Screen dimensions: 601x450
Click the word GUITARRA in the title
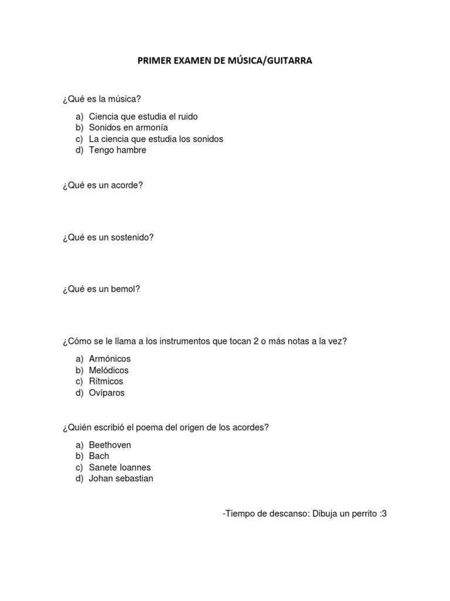click(x=288, y=60)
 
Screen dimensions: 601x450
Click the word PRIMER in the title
click(x=152, y=60)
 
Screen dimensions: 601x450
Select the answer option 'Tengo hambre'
click(x=117, y=150)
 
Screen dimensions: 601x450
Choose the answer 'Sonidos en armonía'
click(x=128, y=127)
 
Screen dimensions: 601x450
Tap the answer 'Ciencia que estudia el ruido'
click(x=143, y=116)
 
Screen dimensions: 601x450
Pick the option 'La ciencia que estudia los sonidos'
click(x=156, y=139)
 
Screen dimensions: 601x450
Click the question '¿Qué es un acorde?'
click(x=102, y=185)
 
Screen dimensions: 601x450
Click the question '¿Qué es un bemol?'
click(x=101, y=289)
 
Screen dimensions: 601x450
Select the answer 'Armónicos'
click(x=110, y=359)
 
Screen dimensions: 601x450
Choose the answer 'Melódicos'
click(x=108, y=370)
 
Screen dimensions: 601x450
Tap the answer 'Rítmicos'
click(x=106, y=381)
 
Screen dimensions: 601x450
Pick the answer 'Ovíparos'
click(x=107, y=393)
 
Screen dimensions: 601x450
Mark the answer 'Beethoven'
click(x=110, y=445)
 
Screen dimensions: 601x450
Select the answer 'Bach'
click(x=99, y=456)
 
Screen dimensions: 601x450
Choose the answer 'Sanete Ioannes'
click(x=120, y=468)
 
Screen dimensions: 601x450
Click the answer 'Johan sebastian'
click(x=121, y=479)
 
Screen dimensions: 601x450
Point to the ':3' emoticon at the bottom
click(x=383, y=514)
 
